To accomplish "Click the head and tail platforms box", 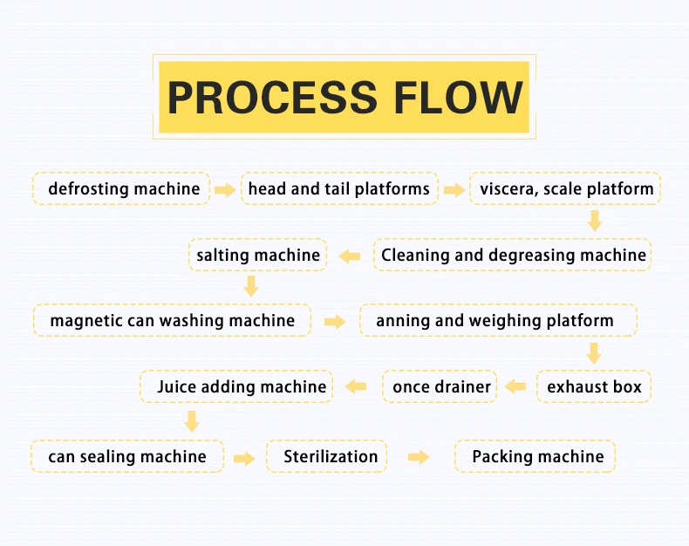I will pyautogui.click(x=338, y=188).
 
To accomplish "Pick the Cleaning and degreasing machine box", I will pyautogui.click(x=514, y=256).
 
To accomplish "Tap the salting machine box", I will pyautogui.click(x=258, y=256).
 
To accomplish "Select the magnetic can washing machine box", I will pyautogui.click(x=172, y=321).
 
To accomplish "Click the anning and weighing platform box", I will pyautogui.click(x=498, y=321).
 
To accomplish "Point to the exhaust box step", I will pyautogui.click(x=594, y=386).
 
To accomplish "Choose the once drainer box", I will pyautogui.click(x=441, y=386).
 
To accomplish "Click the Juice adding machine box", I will pyautogui.click(x=242, y=386).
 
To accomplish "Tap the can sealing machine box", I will pyautogui.click(x=127, y=456).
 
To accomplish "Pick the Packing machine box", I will pyautogui.click(x=537, y=456).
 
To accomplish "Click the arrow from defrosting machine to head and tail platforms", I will pyautogui.click(x=225, y=189).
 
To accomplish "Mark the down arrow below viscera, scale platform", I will pyautogui.click(x=595, y=222).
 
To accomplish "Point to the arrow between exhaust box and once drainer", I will pyautogui.click(x=516, y=386).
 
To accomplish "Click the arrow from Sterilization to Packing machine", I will pyautogui.click(x=419, y=456).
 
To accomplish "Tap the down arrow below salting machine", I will pyautogui.click(x=251, y=286).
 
